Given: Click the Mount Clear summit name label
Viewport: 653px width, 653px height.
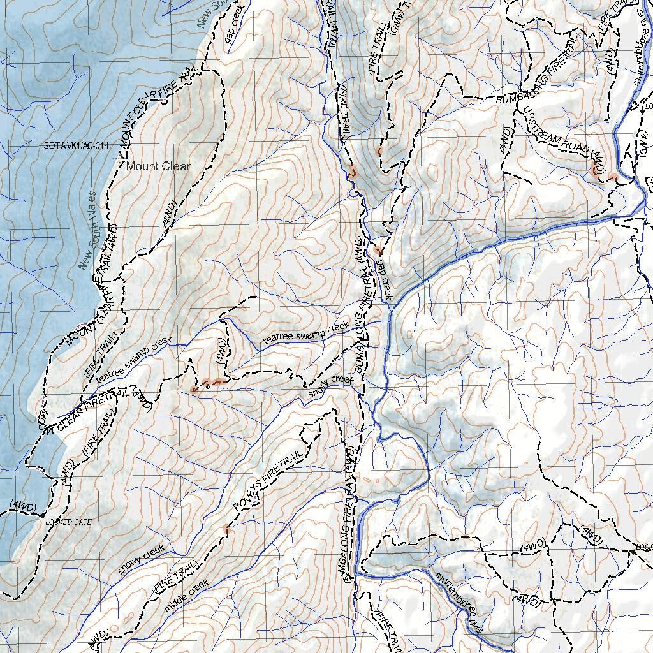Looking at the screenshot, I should click(158, 166).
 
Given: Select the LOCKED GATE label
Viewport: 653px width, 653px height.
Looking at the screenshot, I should click(68, 522).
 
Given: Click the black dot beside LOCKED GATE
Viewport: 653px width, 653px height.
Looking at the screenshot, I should click(42, 522).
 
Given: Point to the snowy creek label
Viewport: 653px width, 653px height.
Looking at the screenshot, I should click(141, 559).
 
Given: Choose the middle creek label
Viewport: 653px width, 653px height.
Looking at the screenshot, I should click(186, 596).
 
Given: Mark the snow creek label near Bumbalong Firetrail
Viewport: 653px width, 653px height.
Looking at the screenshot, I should click(330, 387).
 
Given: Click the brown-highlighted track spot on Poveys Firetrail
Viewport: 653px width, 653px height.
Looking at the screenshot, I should click(226, 530).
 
